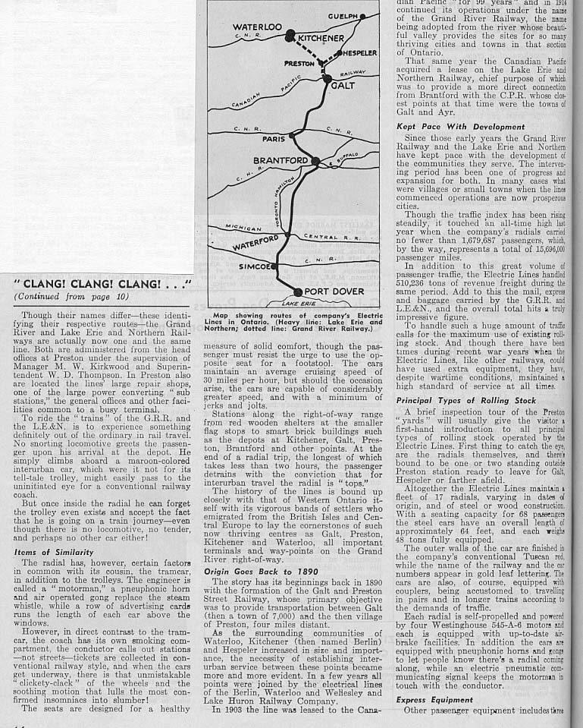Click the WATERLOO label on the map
coord(258,27)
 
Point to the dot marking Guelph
coord(363,16)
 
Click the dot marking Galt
coord(328,77)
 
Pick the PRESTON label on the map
coord(299,64)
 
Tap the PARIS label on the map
coord(273,140)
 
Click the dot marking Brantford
coord(315,160)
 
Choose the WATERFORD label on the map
coord(257,246)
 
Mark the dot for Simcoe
coord(274,266)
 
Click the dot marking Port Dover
coord(298,292)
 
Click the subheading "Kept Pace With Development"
coord(450,126)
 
